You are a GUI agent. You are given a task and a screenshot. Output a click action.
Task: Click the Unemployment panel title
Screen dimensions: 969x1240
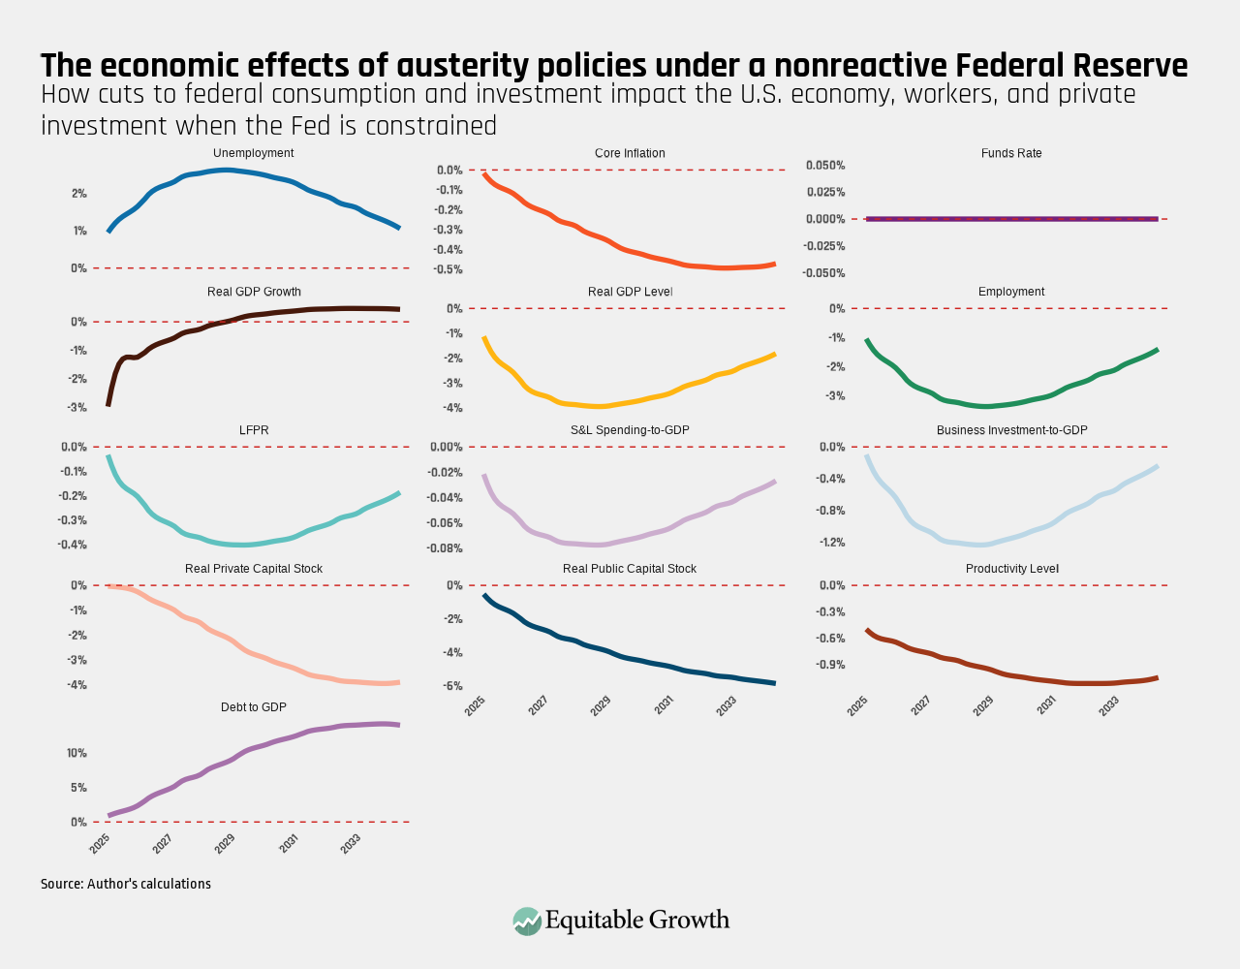[253, 153]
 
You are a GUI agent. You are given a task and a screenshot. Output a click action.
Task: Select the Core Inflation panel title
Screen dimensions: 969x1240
[630, 153]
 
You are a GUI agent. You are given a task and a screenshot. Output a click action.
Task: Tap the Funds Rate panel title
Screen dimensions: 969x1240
[1011, 153]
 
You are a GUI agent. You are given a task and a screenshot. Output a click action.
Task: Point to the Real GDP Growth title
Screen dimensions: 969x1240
[254, 292]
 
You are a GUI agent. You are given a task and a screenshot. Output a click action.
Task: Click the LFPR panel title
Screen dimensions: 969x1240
[254, 430]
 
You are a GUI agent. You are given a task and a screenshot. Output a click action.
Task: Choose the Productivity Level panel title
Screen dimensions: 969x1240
[1011, 569]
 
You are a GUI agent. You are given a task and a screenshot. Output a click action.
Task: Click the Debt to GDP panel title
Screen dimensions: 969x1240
[254, 707]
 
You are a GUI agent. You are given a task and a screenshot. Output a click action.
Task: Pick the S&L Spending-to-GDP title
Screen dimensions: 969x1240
[630, 430]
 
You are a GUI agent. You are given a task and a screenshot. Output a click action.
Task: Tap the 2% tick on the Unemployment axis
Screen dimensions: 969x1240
[78, 194]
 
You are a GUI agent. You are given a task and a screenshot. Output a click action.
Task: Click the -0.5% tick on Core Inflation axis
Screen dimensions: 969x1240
[449, 269]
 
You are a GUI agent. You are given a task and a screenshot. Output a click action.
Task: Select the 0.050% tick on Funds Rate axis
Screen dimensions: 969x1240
[825, 166]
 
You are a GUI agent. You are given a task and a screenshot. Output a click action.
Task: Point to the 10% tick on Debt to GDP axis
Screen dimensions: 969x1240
[77, 753]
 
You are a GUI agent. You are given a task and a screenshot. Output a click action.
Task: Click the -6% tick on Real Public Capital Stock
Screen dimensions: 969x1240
[451, 686]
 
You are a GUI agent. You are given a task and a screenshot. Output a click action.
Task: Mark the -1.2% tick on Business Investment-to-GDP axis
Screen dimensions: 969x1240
[831, 543]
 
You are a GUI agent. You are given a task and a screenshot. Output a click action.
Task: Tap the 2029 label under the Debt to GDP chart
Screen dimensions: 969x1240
[224, 844]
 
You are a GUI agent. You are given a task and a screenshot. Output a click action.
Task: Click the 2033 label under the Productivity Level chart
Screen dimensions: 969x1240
[1109, 705]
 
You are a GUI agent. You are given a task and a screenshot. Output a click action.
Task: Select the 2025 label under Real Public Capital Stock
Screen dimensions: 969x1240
[475, 705]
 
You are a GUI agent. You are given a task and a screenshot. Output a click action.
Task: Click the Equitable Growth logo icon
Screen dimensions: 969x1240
[527, 921]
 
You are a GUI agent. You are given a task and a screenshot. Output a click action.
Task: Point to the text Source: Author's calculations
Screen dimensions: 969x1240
[126, 884]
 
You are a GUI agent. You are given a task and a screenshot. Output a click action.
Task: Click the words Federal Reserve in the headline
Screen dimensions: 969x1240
[1071, 66]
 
